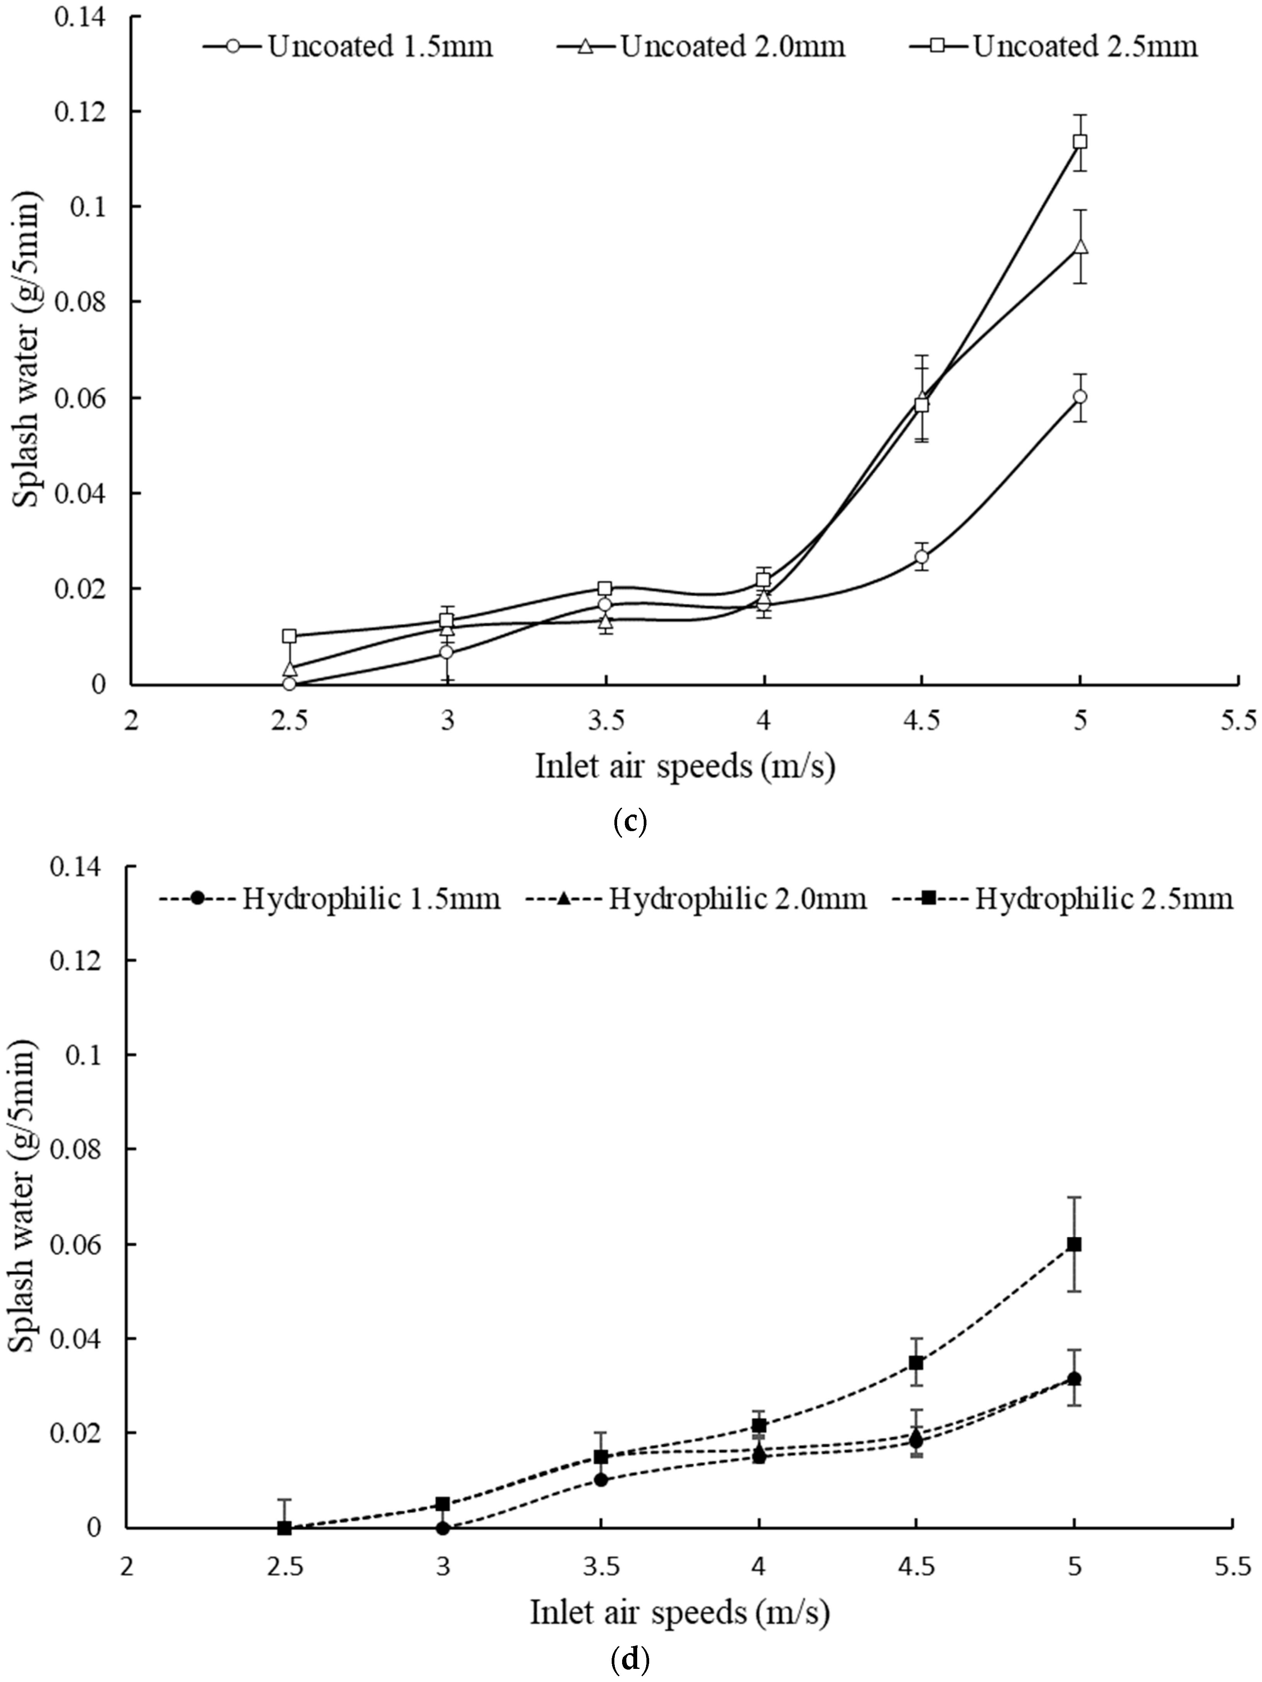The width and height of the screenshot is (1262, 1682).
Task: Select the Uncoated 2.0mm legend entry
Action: coord(701,46)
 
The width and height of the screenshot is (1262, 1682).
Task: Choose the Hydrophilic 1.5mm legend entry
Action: coord(330,899)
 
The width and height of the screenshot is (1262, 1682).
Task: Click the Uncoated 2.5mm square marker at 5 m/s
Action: coord(1080,141)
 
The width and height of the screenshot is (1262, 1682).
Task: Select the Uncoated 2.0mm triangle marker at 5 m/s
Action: coord(1080,247)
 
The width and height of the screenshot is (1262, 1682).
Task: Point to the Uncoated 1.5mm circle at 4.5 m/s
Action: coord(922,557)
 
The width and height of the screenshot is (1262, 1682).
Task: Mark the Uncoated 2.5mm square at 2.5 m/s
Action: coord(289,636)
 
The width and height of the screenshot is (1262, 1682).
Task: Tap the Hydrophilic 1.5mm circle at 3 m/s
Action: coord(442,1528)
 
